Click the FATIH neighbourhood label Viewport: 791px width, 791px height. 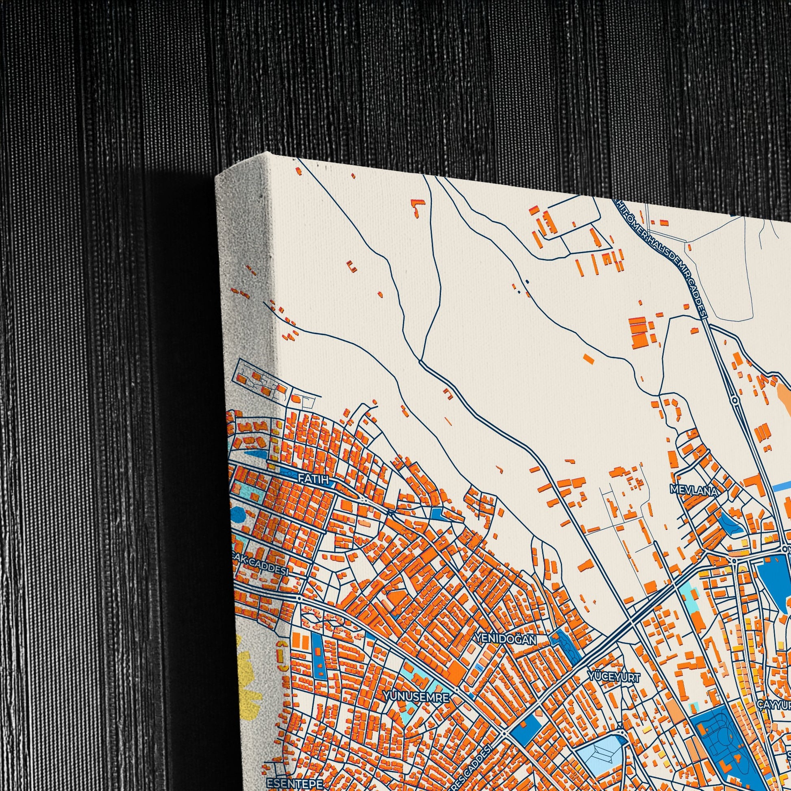314,479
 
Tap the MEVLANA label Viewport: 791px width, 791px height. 693,490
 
